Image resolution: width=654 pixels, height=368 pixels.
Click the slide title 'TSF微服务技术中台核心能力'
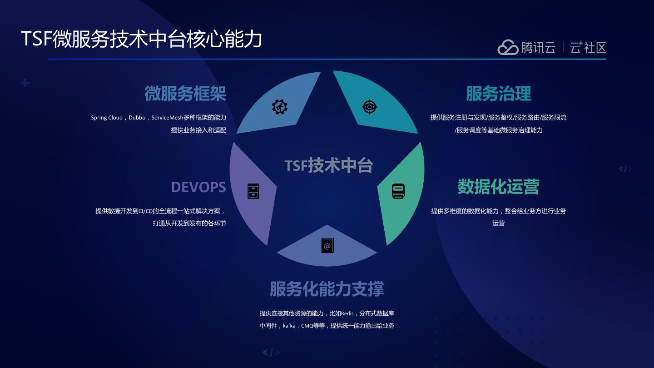[142, 39]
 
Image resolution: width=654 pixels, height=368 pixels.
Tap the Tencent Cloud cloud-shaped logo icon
[508, 47]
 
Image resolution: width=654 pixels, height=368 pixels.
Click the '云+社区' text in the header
[588, 47]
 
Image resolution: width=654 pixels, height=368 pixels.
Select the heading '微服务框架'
[185, 94]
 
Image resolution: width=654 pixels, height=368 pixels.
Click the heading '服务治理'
[498, 94]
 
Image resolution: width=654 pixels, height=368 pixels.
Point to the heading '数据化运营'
[498, 187]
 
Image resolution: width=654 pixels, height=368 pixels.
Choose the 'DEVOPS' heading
[198, 187]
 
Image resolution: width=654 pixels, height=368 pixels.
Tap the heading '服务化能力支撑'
[327, 289]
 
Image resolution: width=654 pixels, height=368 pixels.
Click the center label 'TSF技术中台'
[329, 165]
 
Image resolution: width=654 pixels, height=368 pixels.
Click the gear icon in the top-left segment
[280, 107]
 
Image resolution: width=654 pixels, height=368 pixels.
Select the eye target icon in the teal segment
[369, 107]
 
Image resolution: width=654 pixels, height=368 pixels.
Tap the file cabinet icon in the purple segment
[253, 191]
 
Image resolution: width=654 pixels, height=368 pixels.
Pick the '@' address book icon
[327, 246]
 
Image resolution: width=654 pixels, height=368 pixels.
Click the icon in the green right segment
[398, 191]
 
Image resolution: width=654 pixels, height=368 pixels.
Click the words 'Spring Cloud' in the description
[107, 118]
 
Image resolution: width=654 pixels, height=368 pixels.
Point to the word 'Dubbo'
[137, 118]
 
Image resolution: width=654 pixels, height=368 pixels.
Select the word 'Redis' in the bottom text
[347, 313]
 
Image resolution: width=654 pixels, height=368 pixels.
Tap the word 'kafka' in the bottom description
[289, 326]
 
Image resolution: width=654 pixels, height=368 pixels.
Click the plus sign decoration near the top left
[25, 83]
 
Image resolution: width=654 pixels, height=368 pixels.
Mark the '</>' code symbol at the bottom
[271, 353]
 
